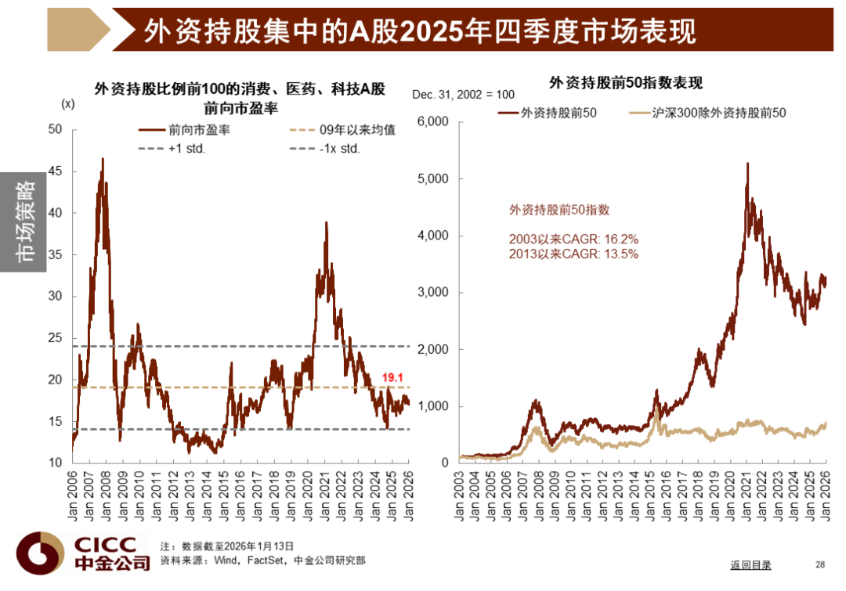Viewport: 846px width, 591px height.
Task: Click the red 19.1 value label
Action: point(392,377)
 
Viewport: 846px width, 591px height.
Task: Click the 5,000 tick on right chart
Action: point(432,178)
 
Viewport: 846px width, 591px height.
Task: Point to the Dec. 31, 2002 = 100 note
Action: point(463,95)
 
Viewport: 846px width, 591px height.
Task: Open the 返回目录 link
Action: point(750,565)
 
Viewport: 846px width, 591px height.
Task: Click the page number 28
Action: point(820,564)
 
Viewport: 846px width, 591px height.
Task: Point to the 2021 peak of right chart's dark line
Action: point(747,164)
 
